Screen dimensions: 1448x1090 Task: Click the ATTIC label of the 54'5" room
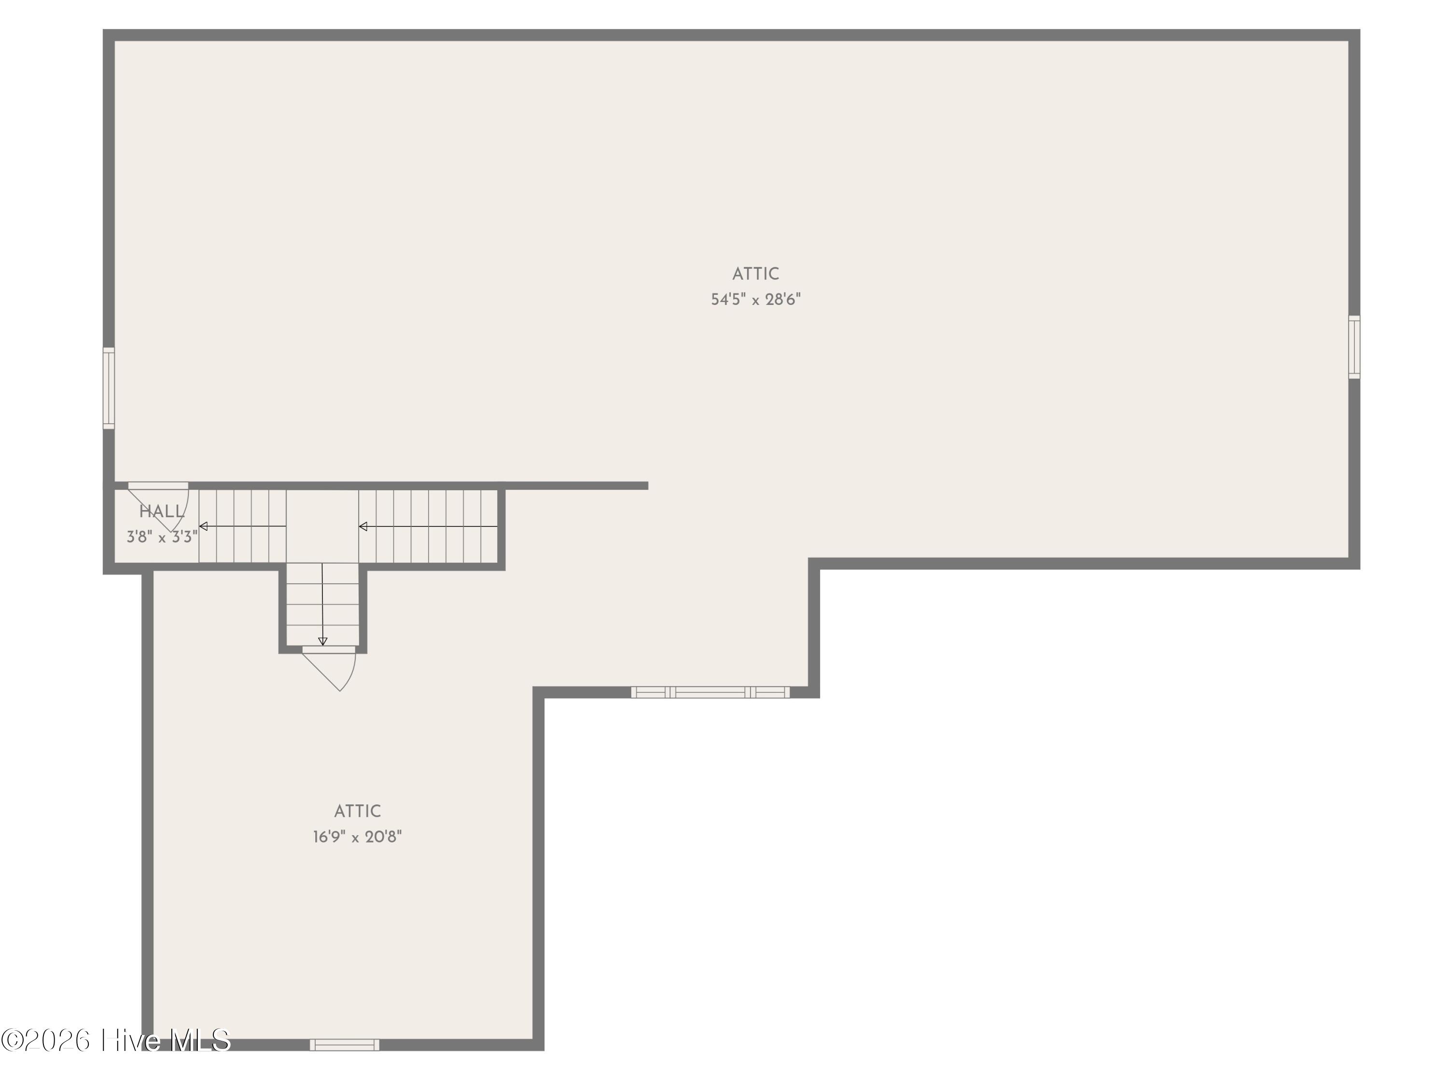[x=755, y=274]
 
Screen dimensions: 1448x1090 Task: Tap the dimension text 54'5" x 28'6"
[x=756, y=300]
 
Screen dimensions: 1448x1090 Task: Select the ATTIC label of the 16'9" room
[x=358, y=811]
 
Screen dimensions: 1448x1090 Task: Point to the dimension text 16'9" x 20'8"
[x=358, y=837]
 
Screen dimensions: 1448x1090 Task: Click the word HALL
[x=162, y=511]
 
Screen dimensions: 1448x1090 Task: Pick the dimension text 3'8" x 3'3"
[x=162, y=537]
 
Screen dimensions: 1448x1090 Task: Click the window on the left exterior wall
[x=109, y=388]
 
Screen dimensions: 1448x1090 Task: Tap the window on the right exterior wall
[x=1354, y=347]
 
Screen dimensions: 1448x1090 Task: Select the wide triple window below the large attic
[x=710, y=692]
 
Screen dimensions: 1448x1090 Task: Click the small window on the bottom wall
[x=344, y=1045]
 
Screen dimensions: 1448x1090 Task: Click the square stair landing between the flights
[x=322, y=527]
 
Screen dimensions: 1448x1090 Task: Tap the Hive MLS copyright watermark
[x=116, y=1040]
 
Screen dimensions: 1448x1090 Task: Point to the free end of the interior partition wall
[x=647, y=486]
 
